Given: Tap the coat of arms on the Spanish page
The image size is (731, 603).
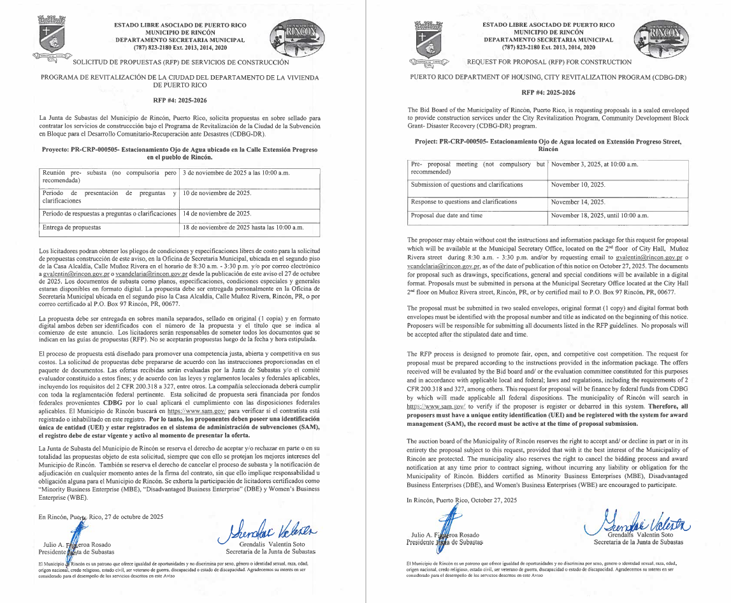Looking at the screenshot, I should point(50,40).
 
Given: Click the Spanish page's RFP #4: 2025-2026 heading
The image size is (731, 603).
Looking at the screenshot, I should point(179,100).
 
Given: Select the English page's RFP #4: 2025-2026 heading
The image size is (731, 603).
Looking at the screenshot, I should point(548,92).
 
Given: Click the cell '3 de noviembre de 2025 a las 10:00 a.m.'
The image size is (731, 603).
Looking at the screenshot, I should point(236,173).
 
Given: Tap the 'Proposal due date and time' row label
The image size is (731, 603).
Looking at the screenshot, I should point(446,215).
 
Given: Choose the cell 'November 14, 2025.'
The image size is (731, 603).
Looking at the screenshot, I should point(577,201).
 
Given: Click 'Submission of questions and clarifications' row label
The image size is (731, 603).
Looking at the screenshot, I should point(467,184).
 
